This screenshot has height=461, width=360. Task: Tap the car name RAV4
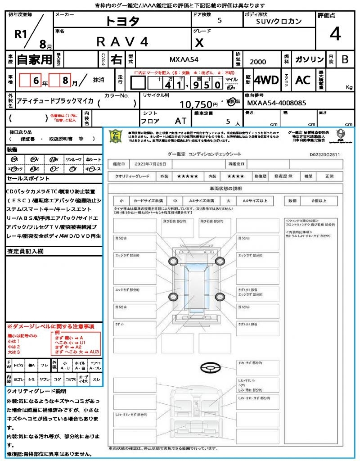coord(122,41)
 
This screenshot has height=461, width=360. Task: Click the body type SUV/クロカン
coord(279,21)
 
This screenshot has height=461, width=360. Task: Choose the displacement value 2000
coord(258,62)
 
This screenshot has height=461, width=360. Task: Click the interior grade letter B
coord(345,59)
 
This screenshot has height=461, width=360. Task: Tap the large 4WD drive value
coord(266,80)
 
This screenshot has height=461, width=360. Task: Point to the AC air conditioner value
coord(303,80)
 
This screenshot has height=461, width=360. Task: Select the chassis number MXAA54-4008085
coord(277,103)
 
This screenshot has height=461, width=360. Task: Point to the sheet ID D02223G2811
coord(324,154)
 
